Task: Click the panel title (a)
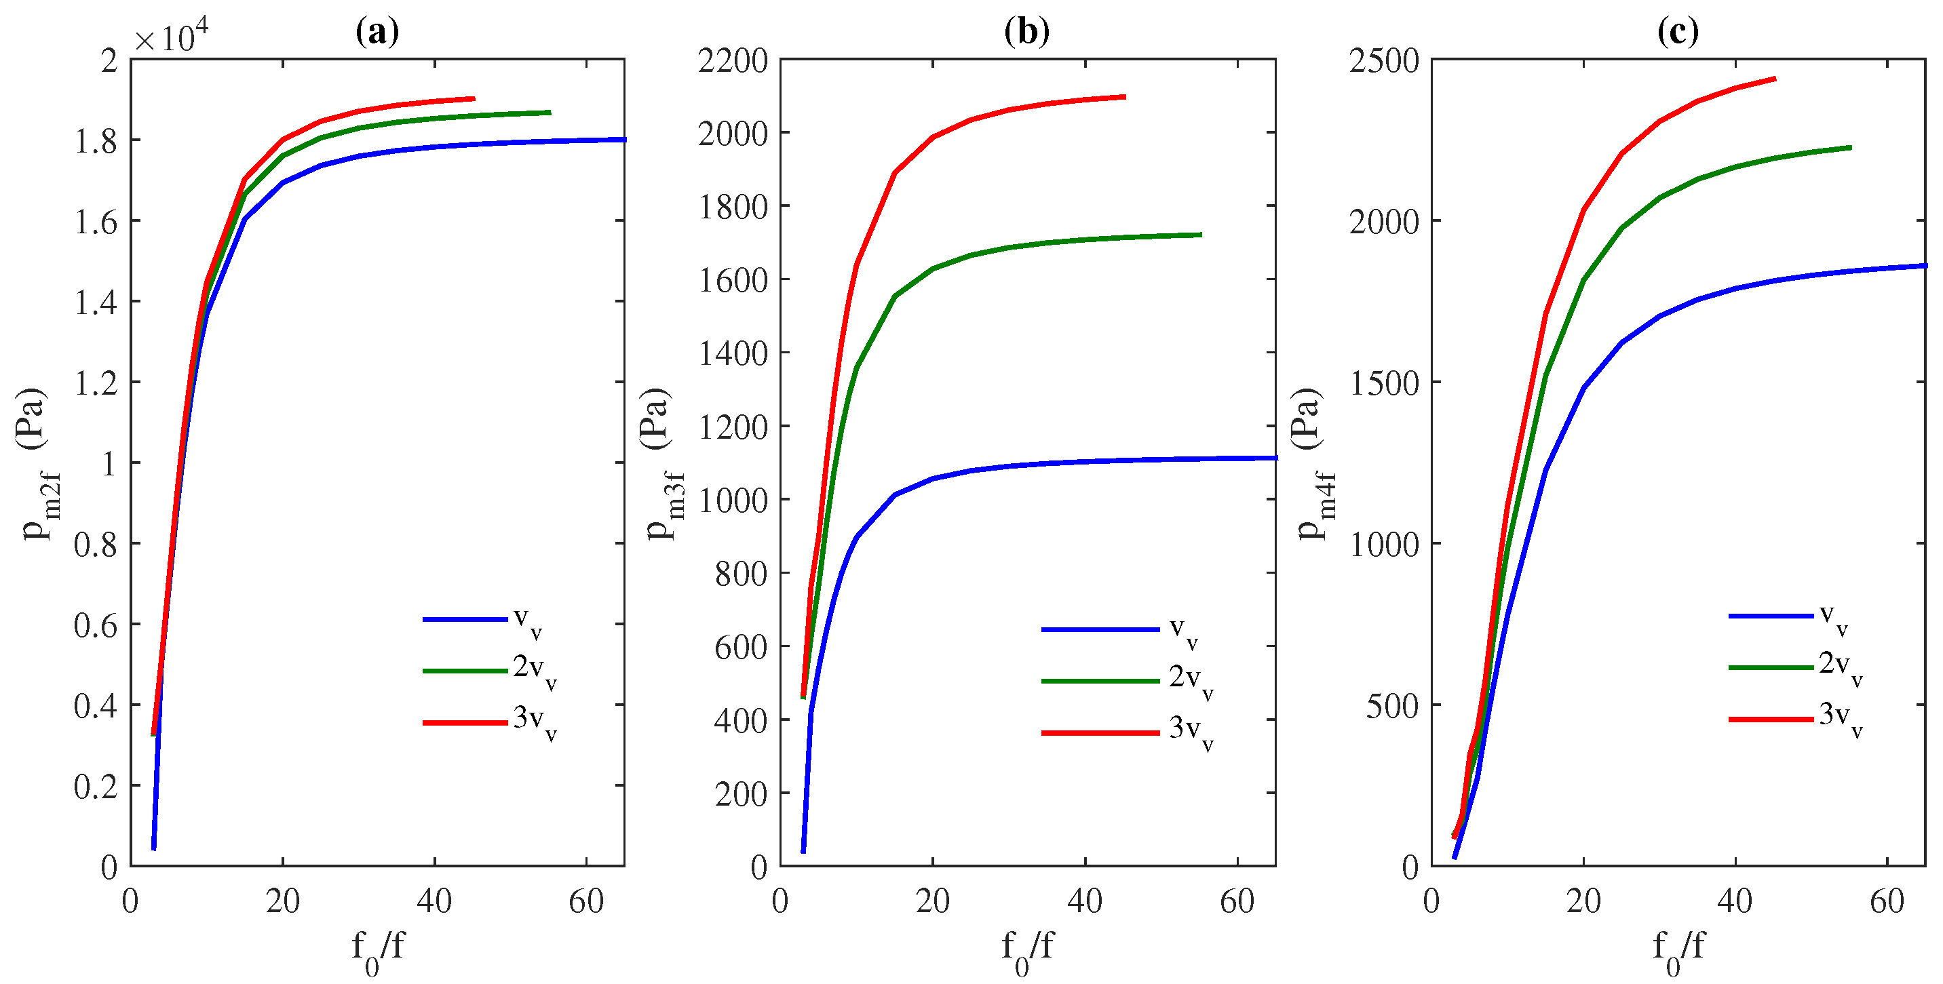[x=377, y=32]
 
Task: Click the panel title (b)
[x=1026, y=32]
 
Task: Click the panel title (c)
[x=1678, y=32]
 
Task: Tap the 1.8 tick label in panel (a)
[x=96, y=141]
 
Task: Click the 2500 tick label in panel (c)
[x=1384, y=61]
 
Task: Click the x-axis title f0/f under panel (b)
[x=1026, y=950]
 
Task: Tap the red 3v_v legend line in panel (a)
[x=465, y=722]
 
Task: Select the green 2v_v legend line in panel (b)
[x=1100, y=681]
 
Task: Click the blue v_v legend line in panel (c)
[x=1770, y=616]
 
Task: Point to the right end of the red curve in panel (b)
[x=1125, y=96]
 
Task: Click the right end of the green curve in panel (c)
[x=1850, y=148]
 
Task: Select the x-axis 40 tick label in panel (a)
[x=434, y=902]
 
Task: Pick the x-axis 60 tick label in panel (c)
[x=1887, y=902]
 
